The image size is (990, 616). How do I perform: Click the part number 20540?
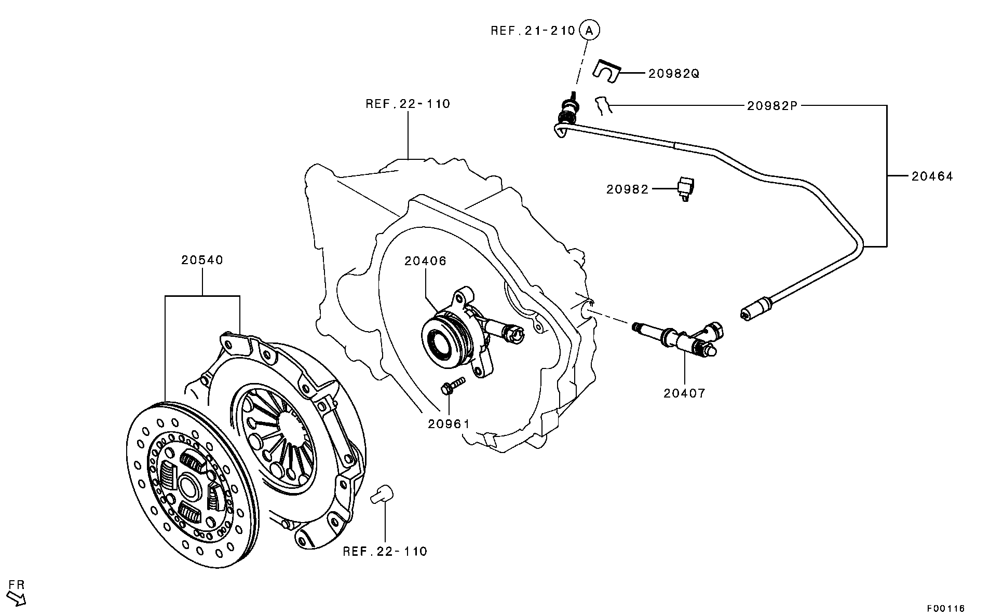[x=202, y=259]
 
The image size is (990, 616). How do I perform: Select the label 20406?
[x=425, y=261]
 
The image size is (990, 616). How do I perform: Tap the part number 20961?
[x=449, y=424]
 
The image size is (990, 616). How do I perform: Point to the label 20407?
[x=684, y=393]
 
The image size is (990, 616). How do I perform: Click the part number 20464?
[x=932, y=176]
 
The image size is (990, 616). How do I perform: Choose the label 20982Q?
[x=673, y=74]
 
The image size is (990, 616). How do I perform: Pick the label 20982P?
[x=772, y=106]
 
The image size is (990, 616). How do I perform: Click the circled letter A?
[x=589, y=30]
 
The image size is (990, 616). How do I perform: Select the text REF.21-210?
[x=533, y=31]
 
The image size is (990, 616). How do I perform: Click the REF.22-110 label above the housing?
[x=408, y=104]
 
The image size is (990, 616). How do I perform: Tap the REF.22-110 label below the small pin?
[x=385, y=551]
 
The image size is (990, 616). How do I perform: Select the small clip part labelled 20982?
[x=686, y=189]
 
